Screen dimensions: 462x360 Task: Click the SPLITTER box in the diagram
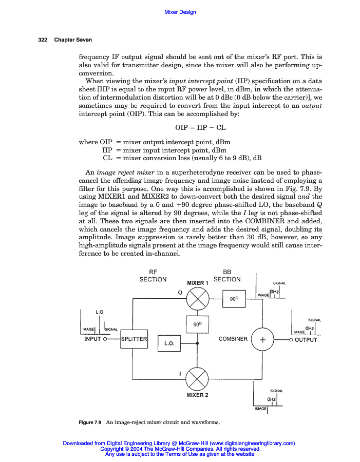coord(134,339)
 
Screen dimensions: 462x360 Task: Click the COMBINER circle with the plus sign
coord(262,339)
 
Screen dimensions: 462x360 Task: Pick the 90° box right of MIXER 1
coord(234,298)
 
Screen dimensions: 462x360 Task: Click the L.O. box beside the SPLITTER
coord(169,342)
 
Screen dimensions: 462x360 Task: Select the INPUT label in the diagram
coord(92,339)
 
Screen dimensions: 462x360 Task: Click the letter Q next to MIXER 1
coord(180,292)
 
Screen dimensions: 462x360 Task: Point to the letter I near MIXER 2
coord(179,373)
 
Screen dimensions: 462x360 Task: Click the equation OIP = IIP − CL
coord(197,126)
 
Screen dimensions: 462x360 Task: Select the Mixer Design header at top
coord(180,12)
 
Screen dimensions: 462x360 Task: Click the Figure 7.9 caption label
coord(90,422)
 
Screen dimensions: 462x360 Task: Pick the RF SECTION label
coord(153,276)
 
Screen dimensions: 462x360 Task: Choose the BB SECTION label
coord(226,276)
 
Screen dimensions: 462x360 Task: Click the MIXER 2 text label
coord(197,395)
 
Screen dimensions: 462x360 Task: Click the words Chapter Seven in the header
coord(73,40)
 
